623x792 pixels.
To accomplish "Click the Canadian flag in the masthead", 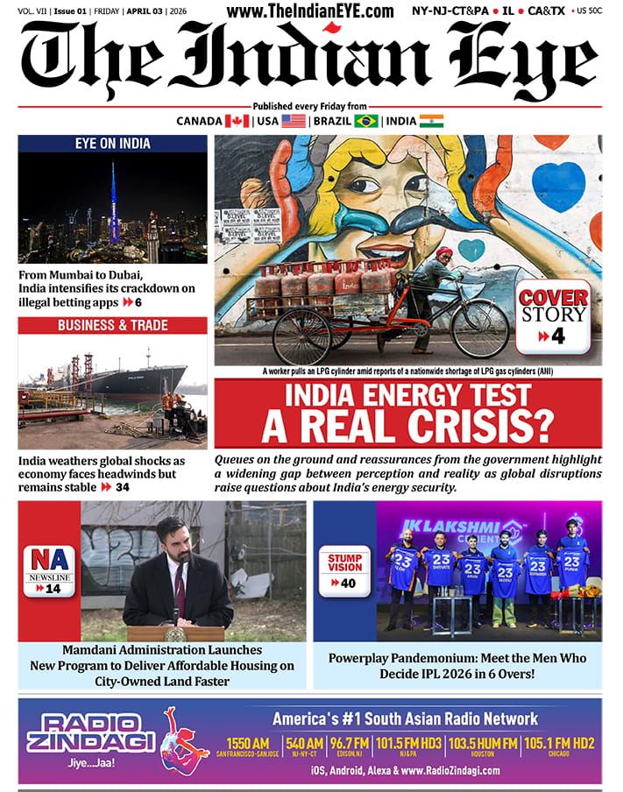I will (237, 121).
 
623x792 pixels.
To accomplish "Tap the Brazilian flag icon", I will (365, 121).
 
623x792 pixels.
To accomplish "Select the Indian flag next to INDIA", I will (431, 121).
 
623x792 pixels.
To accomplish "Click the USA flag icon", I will (294, 121).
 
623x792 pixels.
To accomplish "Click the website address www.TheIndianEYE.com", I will (310, 11).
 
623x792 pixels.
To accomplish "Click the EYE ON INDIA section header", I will (112, 144).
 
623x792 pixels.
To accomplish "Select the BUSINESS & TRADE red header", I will (112, 325).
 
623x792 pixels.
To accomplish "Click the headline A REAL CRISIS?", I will (408, 427).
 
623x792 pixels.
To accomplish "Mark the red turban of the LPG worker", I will (445, 252).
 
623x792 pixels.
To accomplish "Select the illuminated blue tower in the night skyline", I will (112, 206).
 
